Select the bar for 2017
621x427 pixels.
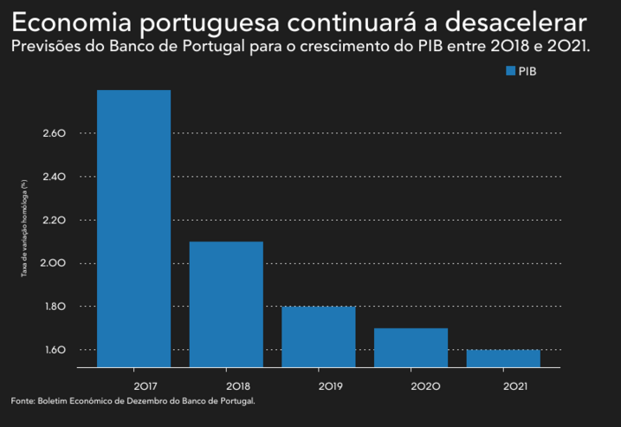pos(133,229)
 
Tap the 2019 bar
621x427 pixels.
pos(319,336)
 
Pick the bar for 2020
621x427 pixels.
pos(411,347)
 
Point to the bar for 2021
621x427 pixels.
pos(503,358)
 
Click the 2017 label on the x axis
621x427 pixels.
pos(133,385)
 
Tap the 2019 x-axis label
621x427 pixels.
pos(319,385)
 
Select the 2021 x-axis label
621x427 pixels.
pos(503,385)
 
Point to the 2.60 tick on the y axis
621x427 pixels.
pos(54,133)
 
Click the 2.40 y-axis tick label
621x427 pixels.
pos(54,177)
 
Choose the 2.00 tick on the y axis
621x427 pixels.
pos(54,263)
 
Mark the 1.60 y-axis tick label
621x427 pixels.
pos(54,350)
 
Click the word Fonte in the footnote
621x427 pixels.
pos(23,401)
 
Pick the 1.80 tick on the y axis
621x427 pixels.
pos(54,307)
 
